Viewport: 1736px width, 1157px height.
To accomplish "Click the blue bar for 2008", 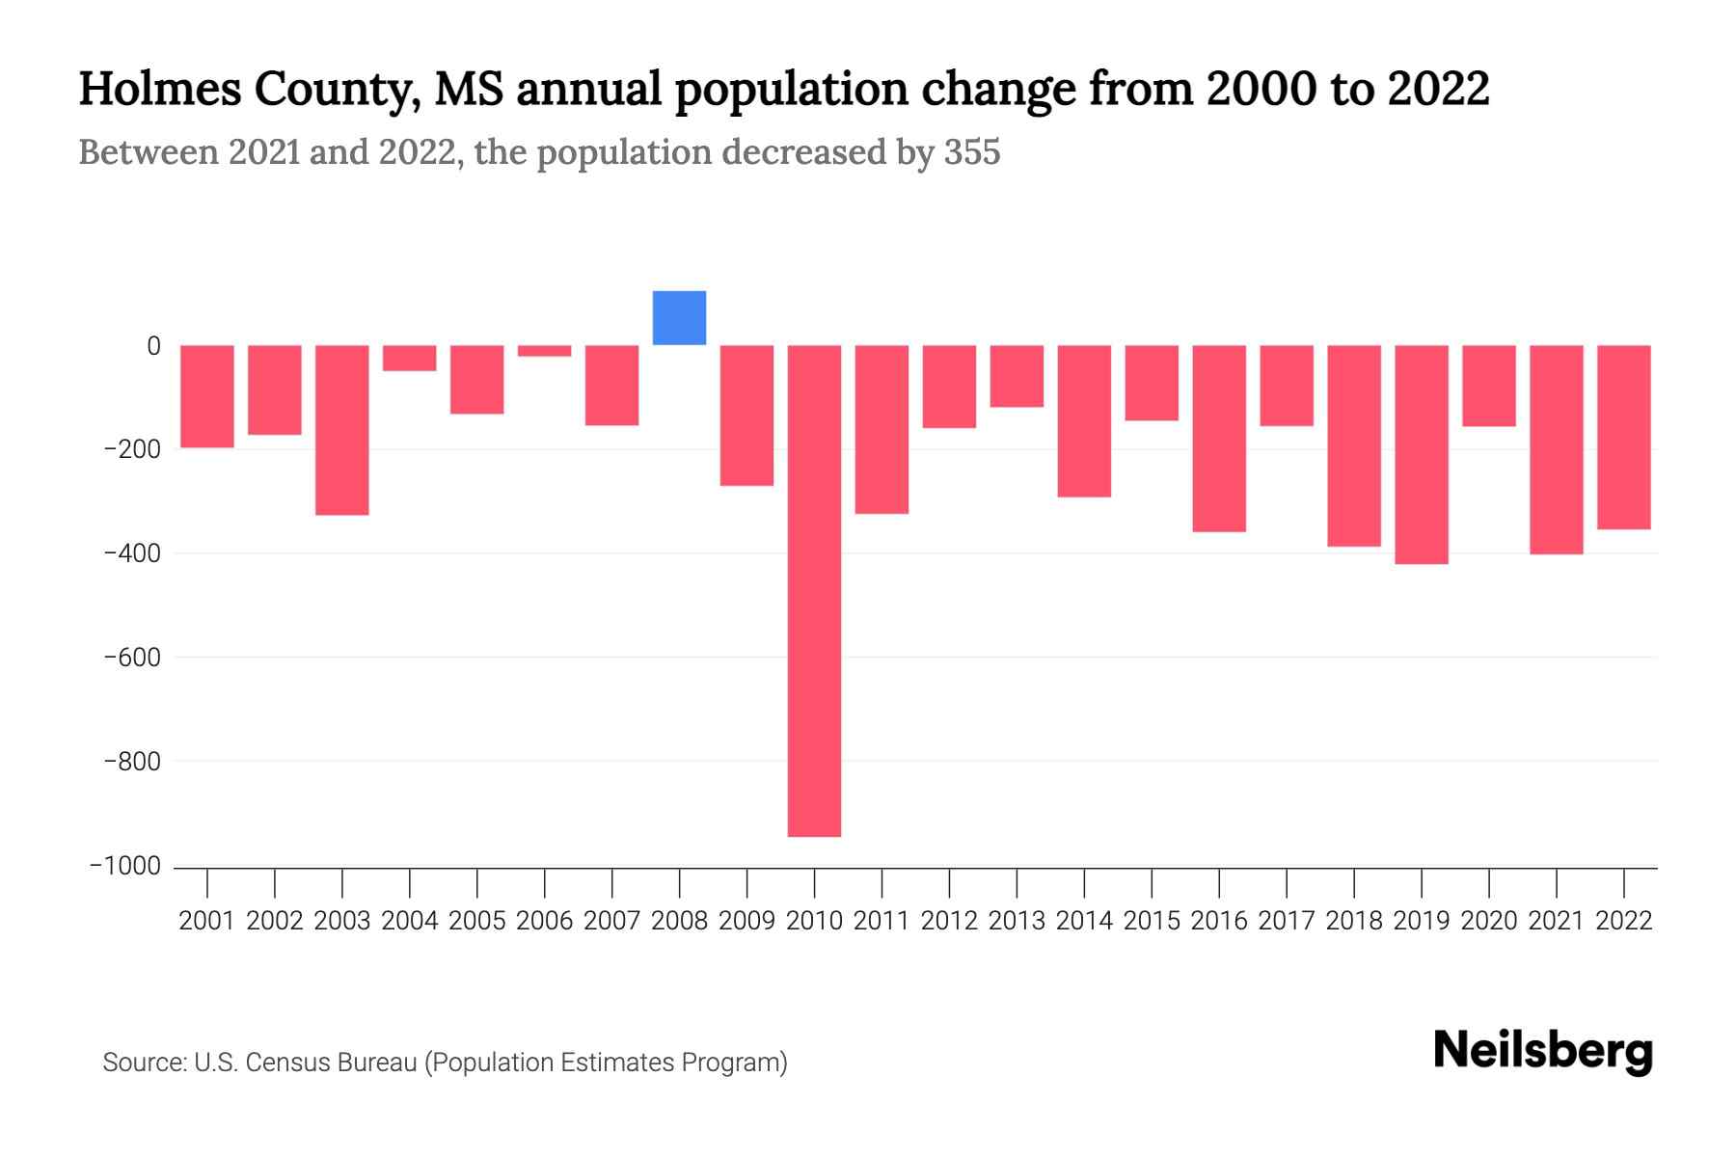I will click(679, 318).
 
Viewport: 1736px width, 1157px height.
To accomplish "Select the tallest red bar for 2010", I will click(814, 590).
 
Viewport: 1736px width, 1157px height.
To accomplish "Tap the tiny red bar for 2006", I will click(544, 351).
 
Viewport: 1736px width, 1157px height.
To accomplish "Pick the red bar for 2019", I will click(1421, 454).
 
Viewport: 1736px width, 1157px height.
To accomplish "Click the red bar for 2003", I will click(342, 430).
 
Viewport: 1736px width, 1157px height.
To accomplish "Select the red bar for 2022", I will click(1623, 437).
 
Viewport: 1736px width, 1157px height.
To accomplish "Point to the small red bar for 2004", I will click(410, 358).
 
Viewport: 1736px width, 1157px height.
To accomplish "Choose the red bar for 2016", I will click(1219, 439).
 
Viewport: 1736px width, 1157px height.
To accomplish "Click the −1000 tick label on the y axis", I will click(125, 866).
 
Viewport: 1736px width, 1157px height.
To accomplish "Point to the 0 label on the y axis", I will click(153, 346).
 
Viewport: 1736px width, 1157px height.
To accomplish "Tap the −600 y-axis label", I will click(132, 658).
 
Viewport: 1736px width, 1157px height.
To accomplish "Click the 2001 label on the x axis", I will click(207, 921).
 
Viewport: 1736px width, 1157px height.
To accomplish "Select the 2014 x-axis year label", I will click(1084, 921).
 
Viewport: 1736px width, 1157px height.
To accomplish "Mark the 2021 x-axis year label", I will click(1556, 921).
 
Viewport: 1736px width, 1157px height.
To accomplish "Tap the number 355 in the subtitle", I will click(972, 152).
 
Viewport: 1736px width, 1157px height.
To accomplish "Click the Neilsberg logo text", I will click(1543, 1051).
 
